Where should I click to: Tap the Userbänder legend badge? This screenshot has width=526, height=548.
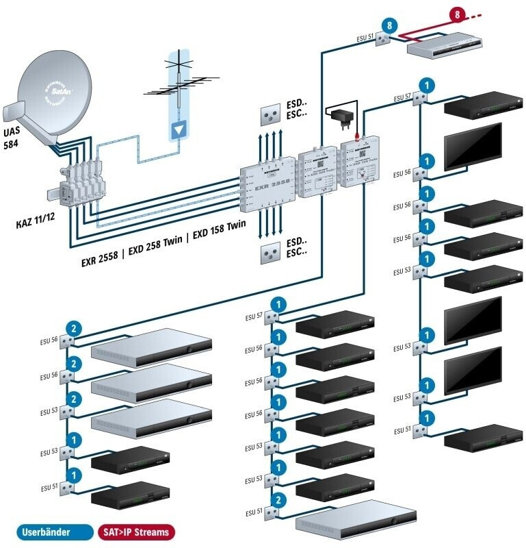[46, 531]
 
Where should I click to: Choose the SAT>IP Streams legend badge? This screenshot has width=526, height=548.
[135, 531]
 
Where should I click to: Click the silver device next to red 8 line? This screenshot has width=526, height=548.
[445, 45]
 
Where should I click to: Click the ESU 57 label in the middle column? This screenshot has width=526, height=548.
[254, 317]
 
